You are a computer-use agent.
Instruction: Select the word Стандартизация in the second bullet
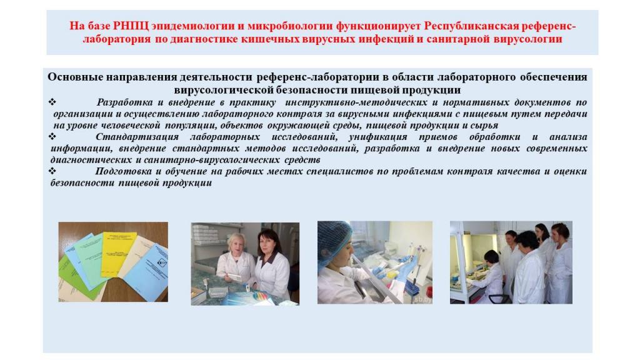tap(137, 137)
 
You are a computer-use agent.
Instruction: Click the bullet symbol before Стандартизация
tap(52, 136)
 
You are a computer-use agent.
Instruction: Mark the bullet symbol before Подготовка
tap(52, 171)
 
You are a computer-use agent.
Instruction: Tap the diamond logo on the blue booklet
tap(162, 262)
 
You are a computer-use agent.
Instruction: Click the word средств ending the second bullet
tap(302, 159)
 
